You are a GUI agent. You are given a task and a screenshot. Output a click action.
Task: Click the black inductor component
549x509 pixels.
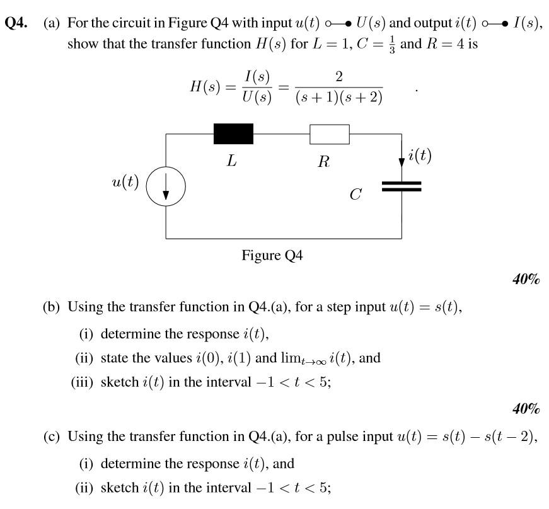[233, 134]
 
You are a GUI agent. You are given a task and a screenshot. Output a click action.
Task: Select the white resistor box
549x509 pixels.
[329, 134]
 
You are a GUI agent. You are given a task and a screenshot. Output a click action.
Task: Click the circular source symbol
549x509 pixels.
[166, 188]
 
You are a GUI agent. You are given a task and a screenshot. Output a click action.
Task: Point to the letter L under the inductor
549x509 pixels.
[232, 161]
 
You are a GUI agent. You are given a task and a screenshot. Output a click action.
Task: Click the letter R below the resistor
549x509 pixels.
[323, 162]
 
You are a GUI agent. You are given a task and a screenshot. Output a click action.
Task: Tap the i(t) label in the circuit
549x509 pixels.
[420, 155]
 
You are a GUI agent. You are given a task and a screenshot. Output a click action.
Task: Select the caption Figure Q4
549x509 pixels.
[272, 256]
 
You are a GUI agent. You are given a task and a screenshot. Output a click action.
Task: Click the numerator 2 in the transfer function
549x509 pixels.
[339, 77]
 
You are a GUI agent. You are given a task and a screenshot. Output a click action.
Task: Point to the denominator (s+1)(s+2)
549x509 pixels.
[339, 99]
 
